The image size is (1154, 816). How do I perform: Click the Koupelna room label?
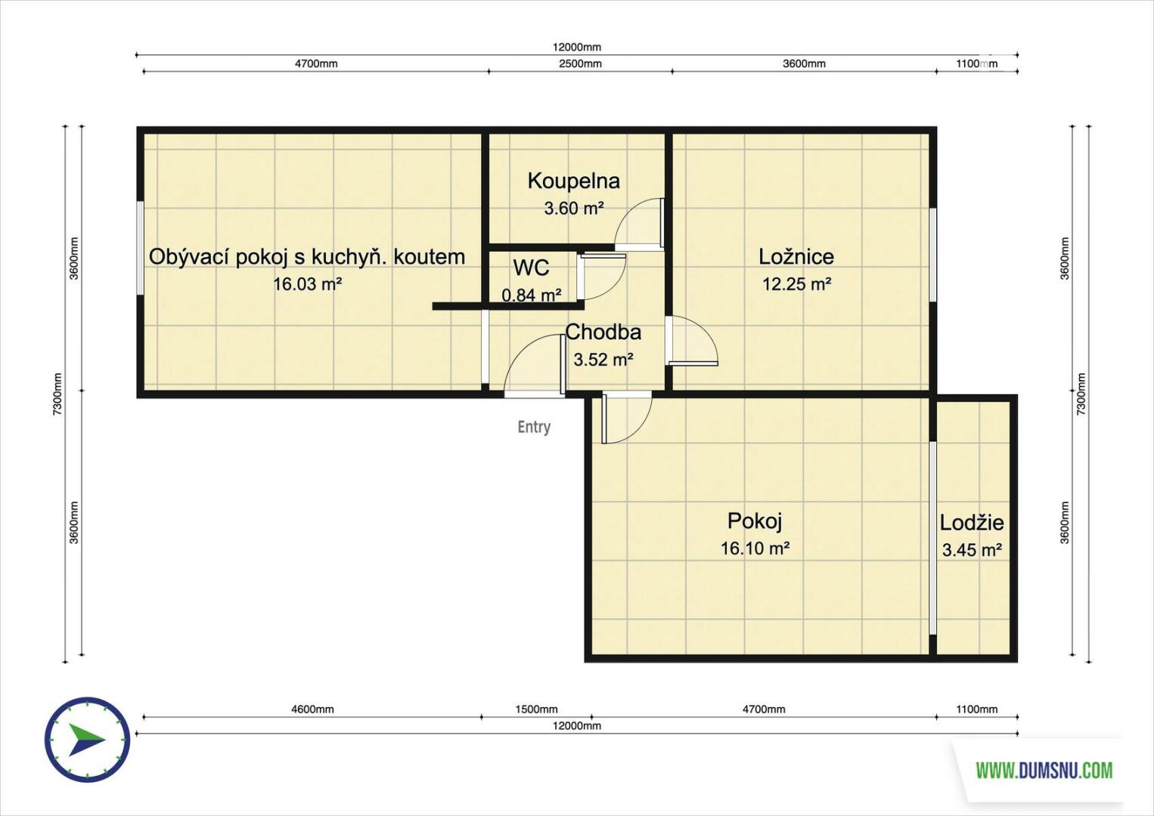tap(573, 181)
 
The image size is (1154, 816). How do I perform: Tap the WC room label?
tap(531, 267)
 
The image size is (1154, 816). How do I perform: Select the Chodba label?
tap(603, 332)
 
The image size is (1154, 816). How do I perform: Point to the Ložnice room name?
tap(796, 256)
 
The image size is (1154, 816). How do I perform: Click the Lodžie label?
tap(972, 523)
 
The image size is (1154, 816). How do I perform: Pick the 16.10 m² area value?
tap(755, 549)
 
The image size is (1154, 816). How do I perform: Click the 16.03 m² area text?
tap(308, 283)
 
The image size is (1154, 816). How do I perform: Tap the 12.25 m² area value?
tap(797, 283)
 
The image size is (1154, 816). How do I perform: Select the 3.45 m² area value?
tap(973, 550)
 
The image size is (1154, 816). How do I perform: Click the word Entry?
tap(534, 428)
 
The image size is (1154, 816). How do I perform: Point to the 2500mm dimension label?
tap(580, 63)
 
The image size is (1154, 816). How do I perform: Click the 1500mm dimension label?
tap(536, 709)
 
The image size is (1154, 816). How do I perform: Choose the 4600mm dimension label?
tap(313, 709)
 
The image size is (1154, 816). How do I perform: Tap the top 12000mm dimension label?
tap(577, 48)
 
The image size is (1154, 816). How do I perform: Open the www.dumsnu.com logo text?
tap(1044, 770)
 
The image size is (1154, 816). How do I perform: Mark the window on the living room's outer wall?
tap(140, 248)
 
